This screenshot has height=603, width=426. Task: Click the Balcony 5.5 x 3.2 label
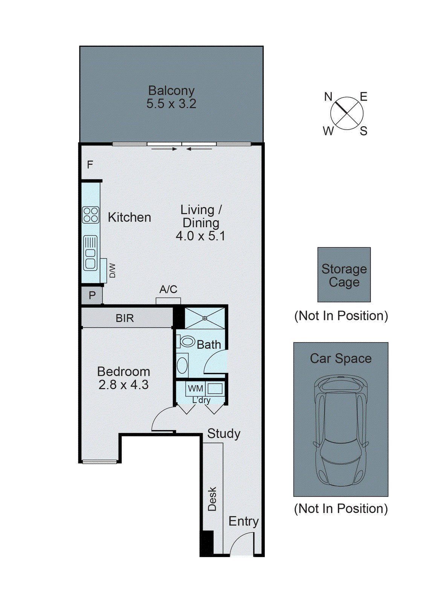pyautogui.click(x=171, y=97)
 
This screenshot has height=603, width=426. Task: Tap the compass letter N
pyautogui.click(x=328, y=97)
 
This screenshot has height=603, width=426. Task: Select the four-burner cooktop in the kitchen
pyautogui.click(x=91, y=215)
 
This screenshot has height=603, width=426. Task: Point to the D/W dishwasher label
pyautogui.click(x=112, y=271)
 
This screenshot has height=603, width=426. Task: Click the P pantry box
pyautogui.click(x=92, y=295)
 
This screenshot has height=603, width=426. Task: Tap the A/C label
pyautogui.click(x=168, y=289)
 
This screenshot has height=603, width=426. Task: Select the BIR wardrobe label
pyautogui.click(x=125, y=318)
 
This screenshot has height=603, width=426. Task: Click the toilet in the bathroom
pyautogui.click(x=186, y=341)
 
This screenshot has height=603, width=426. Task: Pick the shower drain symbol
pyautogui.click(x=205, y=318)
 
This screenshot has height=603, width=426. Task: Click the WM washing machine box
pyautogui.click(x=195, y=389)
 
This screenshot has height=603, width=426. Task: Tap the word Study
pyautogui.click(x=224, y=433)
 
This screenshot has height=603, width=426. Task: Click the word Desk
pyautogui.click(x=212, y=499)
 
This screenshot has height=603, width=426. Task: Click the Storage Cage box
pyautogui.click(x=344, y=275)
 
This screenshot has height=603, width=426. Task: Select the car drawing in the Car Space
pyautogui.click(x=341, y=430)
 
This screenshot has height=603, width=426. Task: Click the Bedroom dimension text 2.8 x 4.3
pyautogui.click(x=124, y=385)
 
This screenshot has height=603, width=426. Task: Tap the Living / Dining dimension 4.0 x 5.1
pyautogui.click(x=200, y=236)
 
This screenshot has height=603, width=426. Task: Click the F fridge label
pyautogui.click(x=90, y=165)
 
